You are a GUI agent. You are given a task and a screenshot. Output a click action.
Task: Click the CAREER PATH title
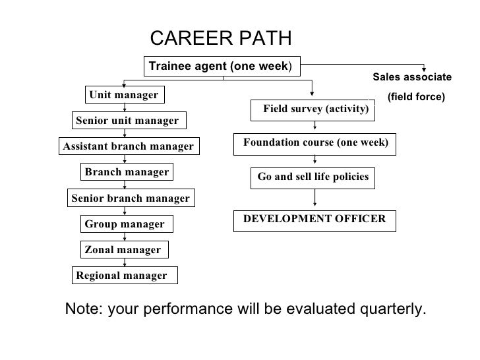[220, 38]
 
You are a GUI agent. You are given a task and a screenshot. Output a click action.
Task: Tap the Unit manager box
[125, 95]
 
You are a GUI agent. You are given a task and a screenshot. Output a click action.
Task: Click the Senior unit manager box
[127, 121]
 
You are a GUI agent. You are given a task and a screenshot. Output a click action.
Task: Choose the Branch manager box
[127, 172]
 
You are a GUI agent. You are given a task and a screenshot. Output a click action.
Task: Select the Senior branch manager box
[130, 198]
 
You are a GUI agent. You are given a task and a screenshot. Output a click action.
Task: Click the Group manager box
[125, 224]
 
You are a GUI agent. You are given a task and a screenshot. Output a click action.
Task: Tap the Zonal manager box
[123, 250]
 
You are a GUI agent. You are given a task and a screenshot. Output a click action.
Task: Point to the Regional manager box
[123, 276]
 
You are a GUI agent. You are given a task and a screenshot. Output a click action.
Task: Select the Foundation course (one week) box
[315, 143]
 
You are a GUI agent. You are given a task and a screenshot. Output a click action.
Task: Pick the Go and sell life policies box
[313, 177]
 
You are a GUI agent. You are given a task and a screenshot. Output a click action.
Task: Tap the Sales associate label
[412, 77]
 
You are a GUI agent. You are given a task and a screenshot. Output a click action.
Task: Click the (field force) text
[416, 97]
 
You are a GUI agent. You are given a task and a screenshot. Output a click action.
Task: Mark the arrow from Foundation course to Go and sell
[315, 161]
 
